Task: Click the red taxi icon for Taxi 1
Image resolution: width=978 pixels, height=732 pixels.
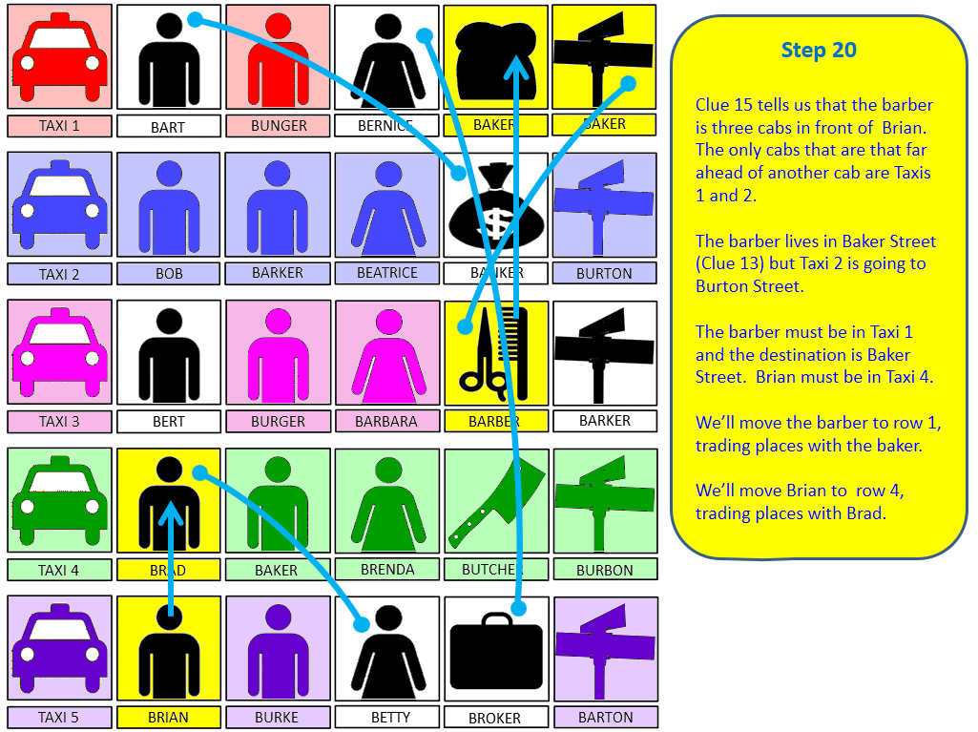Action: pos(60,57)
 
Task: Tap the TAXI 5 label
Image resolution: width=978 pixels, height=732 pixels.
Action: pos(58,717)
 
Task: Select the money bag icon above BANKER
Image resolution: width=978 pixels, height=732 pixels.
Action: pos(496,206)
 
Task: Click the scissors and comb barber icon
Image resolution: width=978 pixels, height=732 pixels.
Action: pos(494,353)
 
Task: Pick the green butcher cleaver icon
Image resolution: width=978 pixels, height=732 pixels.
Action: pos(496,503)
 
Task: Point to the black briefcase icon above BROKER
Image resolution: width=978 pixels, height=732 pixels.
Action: pos(496,652)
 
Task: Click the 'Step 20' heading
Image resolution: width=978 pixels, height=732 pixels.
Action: pos(819,50)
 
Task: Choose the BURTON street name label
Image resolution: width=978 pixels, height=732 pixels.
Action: pos(604,273)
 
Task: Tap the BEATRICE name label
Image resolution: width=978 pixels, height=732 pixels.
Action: pos(387,273)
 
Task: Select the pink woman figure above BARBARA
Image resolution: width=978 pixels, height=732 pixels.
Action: pos(389,356)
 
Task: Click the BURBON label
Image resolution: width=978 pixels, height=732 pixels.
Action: pos(604,570)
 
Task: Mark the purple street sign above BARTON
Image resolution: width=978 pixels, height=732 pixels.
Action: pos(605,649)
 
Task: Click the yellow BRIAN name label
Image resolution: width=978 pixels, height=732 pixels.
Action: pos(168,717)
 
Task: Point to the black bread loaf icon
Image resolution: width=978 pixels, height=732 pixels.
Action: pos(496,60)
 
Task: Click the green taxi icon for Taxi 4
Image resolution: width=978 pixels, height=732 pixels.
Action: pos(60,502)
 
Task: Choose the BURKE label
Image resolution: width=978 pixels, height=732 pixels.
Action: pos(277,717)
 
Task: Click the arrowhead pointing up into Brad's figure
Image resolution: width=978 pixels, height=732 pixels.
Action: pos(170,512)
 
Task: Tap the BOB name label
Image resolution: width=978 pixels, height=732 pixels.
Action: pos(169,273)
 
